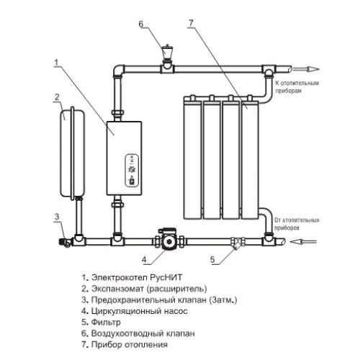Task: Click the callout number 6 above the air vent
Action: [141, 24]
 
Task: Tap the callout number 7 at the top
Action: [191, 23]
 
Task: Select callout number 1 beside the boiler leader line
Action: [56, 63]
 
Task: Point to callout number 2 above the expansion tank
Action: [57, 97]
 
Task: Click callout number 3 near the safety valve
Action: [57, 217]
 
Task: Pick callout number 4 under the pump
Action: [144, 260]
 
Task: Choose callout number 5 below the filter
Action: [212, 260]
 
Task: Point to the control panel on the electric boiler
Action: [132, 171]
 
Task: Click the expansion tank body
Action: [72, 153]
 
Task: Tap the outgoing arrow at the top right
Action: [306, 69]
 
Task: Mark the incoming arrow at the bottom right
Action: [303, 241]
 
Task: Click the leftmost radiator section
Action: [192, 158]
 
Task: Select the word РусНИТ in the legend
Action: [166, 277]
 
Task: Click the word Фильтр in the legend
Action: [106, 322]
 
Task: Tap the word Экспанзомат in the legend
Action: [117, 289]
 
